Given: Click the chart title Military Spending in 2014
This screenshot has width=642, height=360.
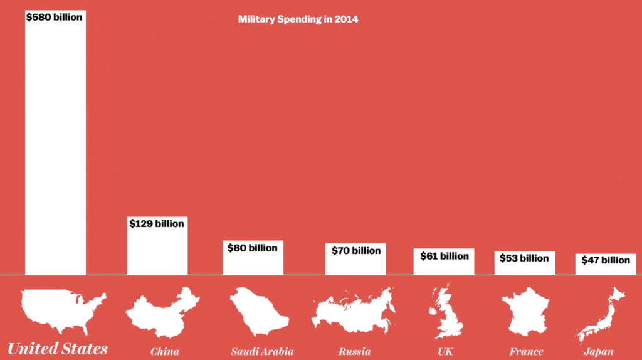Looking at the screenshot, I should (298, 19).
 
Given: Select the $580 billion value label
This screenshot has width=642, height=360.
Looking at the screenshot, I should (54, 18).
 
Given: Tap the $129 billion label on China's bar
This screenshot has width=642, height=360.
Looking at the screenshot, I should (157, 223).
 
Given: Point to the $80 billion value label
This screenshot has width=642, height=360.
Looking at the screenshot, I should (253, 248).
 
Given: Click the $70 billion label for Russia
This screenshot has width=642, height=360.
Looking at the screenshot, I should (355, 250).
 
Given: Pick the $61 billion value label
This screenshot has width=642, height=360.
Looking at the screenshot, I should (444, 256).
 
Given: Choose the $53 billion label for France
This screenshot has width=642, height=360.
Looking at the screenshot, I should (524, 258).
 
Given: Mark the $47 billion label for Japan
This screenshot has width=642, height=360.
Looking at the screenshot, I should (606, 260).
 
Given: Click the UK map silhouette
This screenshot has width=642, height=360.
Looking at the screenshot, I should (446, 311).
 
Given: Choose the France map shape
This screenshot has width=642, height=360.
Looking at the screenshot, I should (525, 311).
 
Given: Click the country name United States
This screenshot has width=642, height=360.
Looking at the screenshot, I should (58, 349).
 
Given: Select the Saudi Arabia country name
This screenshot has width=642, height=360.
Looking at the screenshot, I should (261, 351).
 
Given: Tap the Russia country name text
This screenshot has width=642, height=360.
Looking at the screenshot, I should (355, 351).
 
